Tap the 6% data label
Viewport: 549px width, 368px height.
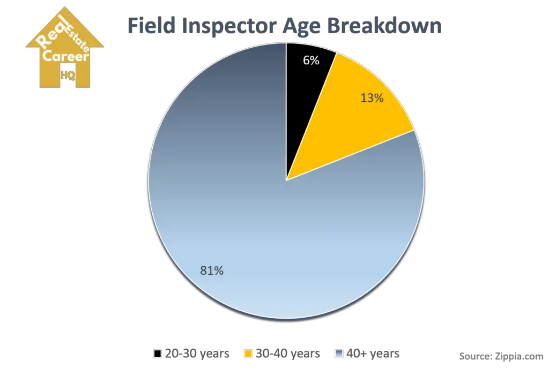311,61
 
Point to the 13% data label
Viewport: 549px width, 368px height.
372,98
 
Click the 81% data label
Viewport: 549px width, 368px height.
211,271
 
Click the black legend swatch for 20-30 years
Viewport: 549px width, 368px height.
158,354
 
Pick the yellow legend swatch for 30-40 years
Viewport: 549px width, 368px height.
248,354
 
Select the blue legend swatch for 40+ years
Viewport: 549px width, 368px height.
339,354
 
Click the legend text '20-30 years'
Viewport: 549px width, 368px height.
197,354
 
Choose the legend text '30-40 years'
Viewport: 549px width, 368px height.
288,354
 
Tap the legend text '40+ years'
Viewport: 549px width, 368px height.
373,354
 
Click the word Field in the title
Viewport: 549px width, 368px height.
151,25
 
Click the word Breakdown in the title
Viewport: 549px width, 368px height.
384,25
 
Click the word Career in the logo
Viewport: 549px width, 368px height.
65,56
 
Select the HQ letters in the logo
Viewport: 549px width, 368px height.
68,75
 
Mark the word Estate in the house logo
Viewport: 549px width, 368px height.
77,38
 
